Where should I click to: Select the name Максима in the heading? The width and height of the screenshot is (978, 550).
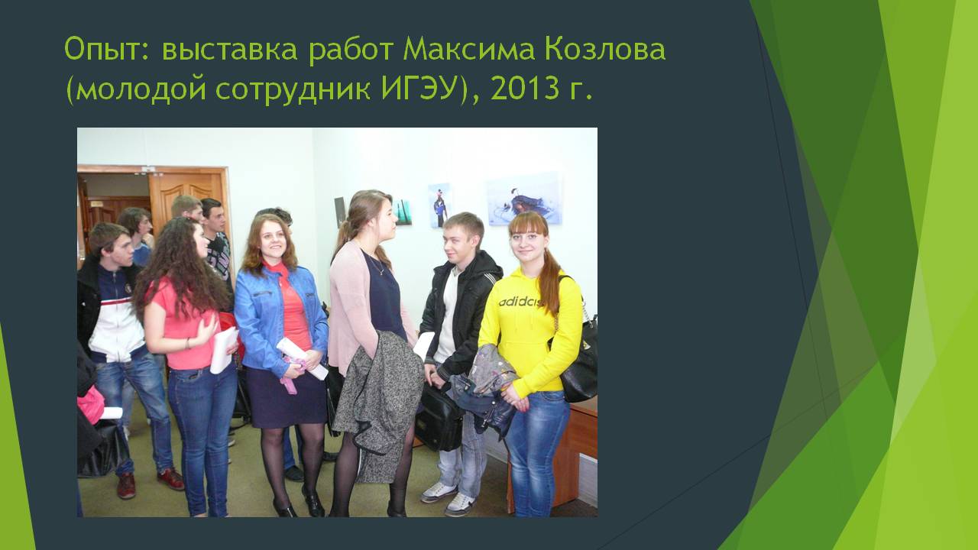click(x=468, y=48)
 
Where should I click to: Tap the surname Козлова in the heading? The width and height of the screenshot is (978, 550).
click(x=604, y=48)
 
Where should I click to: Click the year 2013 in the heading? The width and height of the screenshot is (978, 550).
click(x=525, y=89)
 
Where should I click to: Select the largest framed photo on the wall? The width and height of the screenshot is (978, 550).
click(x=524, y=199)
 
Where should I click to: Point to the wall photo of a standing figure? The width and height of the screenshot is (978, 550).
click(x=439, y=205)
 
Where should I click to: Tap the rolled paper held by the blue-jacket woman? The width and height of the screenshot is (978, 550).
click(x=301, y=358)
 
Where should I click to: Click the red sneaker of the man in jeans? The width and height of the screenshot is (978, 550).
click(x=170, y=479)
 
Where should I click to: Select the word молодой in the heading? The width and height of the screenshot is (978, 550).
click(x=141, y=89)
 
